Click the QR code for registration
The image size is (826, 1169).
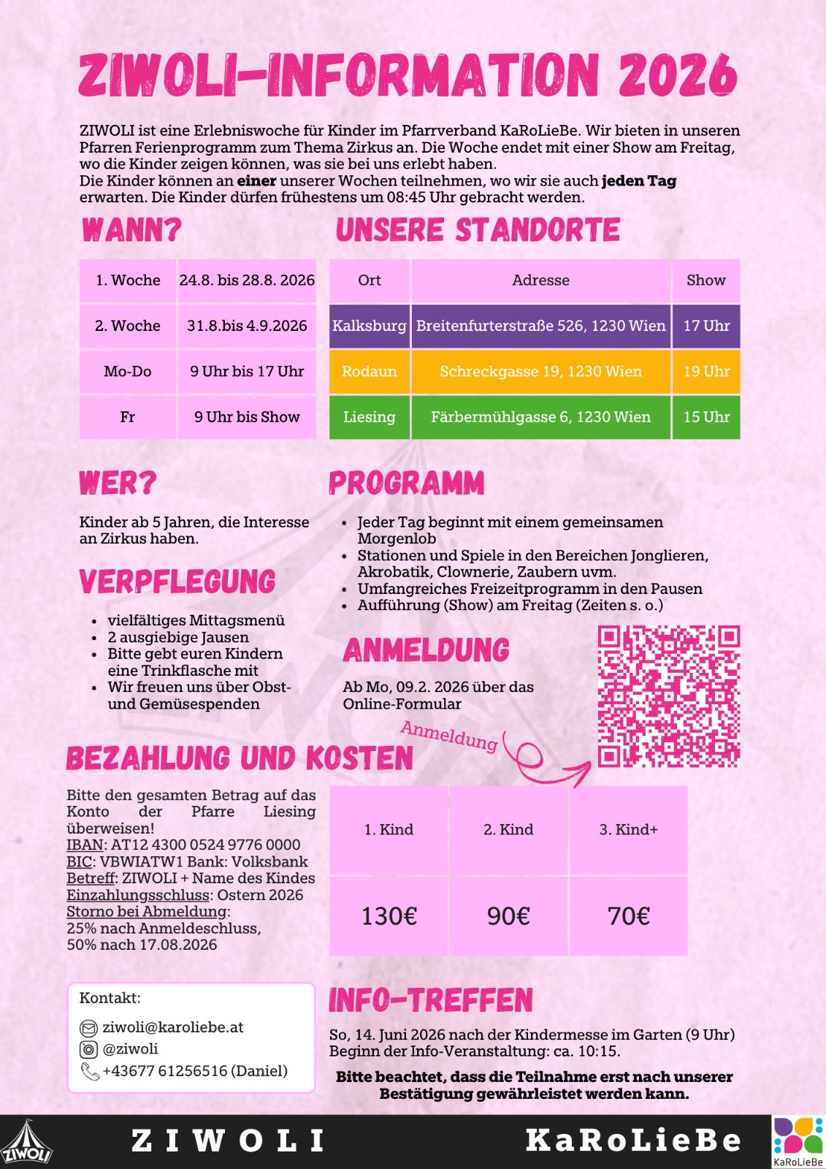(x=668, y=696)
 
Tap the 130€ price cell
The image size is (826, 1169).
(x=389, y=915)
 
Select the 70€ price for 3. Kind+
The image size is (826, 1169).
(x=628, y=915)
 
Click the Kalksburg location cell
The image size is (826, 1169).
(x=370, y=326)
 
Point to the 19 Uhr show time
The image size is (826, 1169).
(x=706, y=371)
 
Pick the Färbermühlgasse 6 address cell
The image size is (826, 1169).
(x=540, y=417)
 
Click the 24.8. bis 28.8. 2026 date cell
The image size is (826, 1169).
(x=247, y=281)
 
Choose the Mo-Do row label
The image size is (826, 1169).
(x=128, y=371)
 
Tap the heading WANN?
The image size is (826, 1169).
(x=131, y=230)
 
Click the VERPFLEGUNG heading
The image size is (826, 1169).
(x=177, y=582)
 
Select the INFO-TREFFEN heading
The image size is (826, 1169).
(x=431, y=1000)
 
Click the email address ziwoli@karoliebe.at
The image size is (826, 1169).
(x=173, y=1027)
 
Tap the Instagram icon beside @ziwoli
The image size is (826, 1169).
(x=88, y=1050)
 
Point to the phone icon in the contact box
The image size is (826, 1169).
(x=90, y=1072)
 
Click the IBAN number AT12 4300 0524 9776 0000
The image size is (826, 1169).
(x=205, y=845)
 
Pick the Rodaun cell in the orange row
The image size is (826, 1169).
(x=370, y=371)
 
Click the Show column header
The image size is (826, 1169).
(x=706, y=281)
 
